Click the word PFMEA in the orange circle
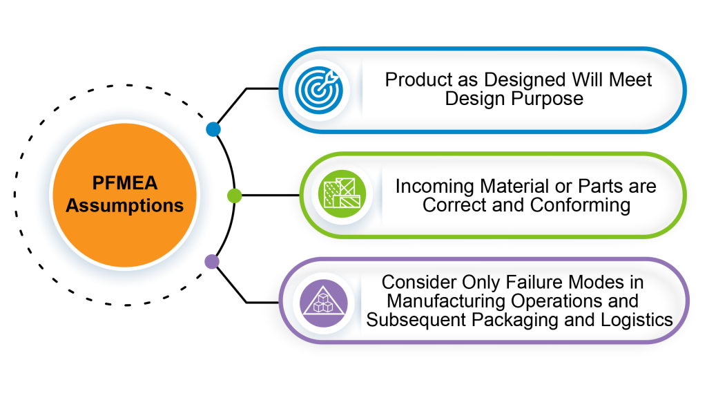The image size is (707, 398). [x=125, y=183]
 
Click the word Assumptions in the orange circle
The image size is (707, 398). [x=125, y=205]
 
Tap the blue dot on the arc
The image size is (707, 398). [x=213, y=129]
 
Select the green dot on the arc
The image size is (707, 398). [x=234, y=196]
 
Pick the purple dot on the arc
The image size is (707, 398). [x=212, y=262]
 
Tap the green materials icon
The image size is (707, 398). [x=340, y=196]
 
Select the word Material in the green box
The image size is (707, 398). [x=516, y=186]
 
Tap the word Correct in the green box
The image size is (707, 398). [x=451, y=205]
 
